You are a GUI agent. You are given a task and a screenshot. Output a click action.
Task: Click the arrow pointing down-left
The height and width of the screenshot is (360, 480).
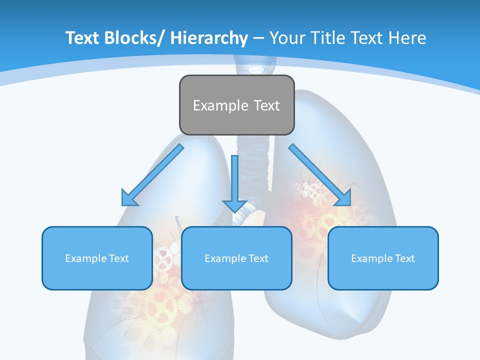[x=153, y=175]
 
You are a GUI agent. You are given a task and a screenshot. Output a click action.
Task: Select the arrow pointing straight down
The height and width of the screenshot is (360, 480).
[x=235, y=182]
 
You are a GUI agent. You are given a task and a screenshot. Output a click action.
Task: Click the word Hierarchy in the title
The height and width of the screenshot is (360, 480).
[x=208, y=38]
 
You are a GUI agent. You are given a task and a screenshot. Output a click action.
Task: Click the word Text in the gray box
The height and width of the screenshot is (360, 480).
[x=266, y=105]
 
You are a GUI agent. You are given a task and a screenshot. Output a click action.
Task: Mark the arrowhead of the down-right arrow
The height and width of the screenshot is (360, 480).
[x=344, y=198]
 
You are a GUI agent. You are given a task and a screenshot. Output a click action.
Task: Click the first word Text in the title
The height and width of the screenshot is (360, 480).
[x=82, y=38]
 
